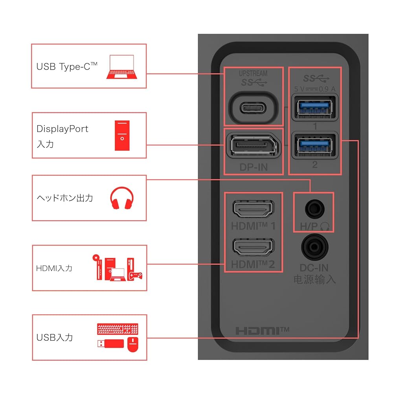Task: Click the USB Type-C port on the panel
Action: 253,108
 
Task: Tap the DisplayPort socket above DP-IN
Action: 253,145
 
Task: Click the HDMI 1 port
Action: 253,209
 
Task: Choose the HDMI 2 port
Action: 253,247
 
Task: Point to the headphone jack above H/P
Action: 315,209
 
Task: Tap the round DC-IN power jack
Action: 314,247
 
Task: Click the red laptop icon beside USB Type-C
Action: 122,67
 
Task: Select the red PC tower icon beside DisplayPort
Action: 122,136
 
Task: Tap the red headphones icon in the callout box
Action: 122,198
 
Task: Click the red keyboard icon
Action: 118,329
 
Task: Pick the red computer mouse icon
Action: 133,345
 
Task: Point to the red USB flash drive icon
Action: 110,343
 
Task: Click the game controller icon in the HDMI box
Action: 135,276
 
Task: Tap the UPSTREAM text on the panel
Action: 253,73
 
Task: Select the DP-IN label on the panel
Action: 253,167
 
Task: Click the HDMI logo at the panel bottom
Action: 262,331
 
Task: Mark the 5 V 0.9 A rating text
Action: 315,89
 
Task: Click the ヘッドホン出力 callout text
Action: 65,198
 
